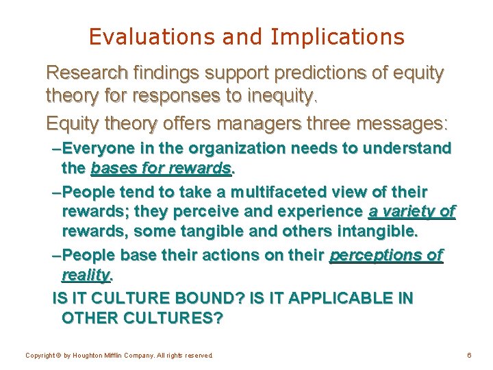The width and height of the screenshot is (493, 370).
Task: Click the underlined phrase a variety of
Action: tap(412, 212)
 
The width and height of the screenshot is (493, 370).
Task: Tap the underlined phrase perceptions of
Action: tap(386, 256)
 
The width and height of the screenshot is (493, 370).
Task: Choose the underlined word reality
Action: tap(86, 275)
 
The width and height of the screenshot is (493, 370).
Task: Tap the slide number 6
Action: tap(469, 356)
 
